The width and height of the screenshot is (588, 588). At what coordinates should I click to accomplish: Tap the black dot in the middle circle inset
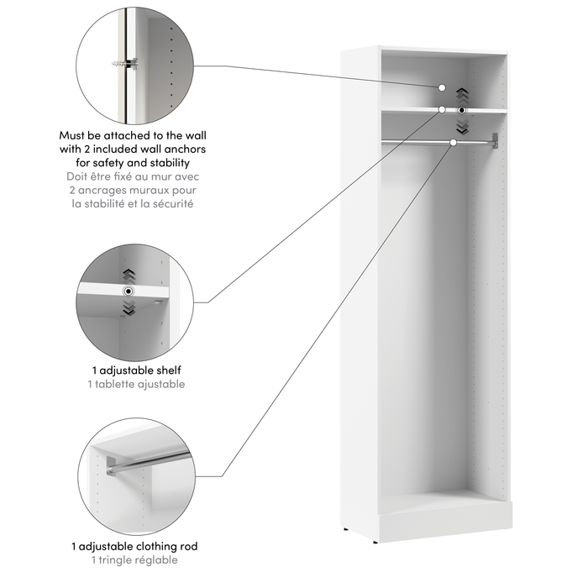point(128,291)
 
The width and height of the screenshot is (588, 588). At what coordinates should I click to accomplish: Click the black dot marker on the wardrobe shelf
point(461,110)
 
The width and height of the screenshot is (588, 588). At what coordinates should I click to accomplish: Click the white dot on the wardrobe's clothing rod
point(454,143)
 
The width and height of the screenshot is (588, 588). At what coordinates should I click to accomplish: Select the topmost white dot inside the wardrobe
point(441,87)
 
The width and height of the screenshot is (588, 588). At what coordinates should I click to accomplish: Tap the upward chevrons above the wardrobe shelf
point(461,95)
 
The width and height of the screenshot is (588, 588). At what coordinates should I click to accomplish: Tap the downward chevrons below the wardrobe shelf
point(461,125)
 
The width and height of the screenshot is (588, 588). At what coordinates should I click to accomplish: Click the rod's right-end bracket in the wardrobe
point(496,140)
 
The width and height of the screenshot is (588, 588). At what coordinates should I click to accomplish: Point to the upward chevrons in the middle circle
point(128,275)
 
